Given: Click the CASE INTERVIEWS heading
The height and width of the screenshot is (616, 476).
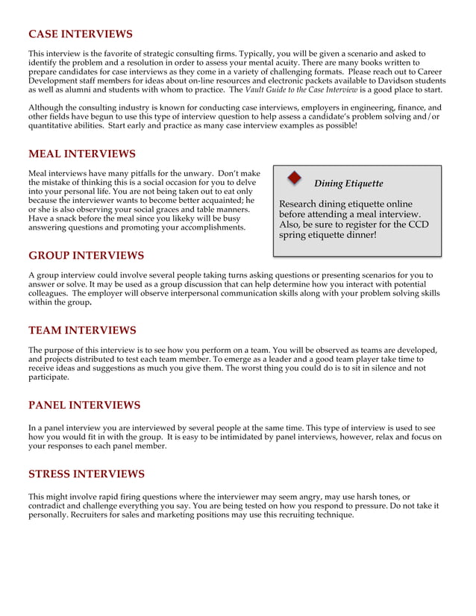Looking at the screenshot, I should (81, 34).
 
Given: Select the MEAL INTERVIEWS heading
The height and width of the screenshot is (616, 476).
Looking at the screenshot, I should (82, 154).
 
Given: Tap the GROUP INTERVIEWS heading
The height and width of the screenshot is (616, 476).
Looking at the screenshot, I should (87, 256).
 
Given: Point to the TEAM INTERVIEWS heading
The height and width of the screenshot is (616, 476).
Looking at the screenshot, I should (82, 330).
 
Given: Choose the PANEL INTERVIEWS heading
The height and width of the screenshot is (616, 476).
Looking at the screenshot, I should (84, 406).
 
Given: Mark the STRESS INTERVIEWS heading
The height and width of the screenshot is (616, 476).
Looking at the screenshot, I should (87, 474).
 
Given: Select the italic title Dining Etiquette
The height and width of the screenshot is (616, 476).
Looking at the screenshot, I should (348, 183).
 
